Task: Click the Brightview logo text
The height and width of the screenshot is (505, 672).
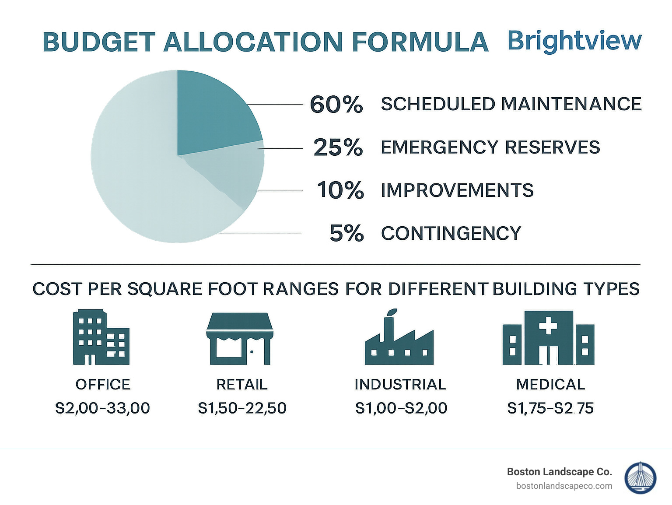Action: (x=574, y=41)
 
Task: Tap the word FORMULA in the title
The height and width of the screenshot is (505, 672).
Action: (x=420, y=42)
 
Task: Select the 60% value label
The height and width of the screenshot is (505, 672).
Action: (x=336, y=105)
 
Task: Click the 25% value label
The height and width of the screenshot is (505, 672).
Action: (x=338, y=147)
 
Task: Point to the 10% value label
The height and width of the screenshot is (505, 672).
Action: (x=340, y=190)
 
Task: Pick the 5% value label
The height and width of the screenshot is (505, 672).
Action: (x=346, y=233)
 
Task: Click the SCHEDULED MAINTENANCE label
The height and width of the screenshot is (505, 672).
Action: (x=511, y=104)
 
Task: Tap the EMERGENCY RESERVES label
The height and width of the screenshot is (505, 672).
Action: (x=490, y=147)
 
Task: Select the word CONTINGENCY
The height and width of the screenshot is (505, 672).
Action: (x=451, y=233)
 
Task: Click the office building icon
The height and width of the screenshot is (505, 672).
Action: (x=101, y=337)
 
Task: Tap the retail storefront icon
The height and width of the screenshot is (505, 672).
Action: (x=240, y=339)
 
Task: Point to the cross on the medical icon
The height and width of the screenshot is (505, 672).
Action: (x=548, y=326)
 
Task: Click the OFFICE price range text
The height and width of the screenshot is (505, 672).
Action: (x=102, y=408)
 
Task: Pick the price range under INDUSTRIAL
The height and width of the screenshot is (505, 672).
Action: (x=401, y=408)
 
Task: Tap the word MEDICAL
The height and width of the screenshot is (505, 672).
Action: (x=550, y=384)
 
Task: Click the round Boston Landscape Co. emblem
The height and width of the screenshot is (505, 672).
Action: (x=640, y=478)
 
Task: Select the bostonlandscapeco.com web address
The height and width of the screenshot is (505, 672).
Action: (x=564, y=486)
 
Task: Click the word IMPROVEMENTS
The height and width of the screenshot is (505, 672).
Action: (x=457, y=190)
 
